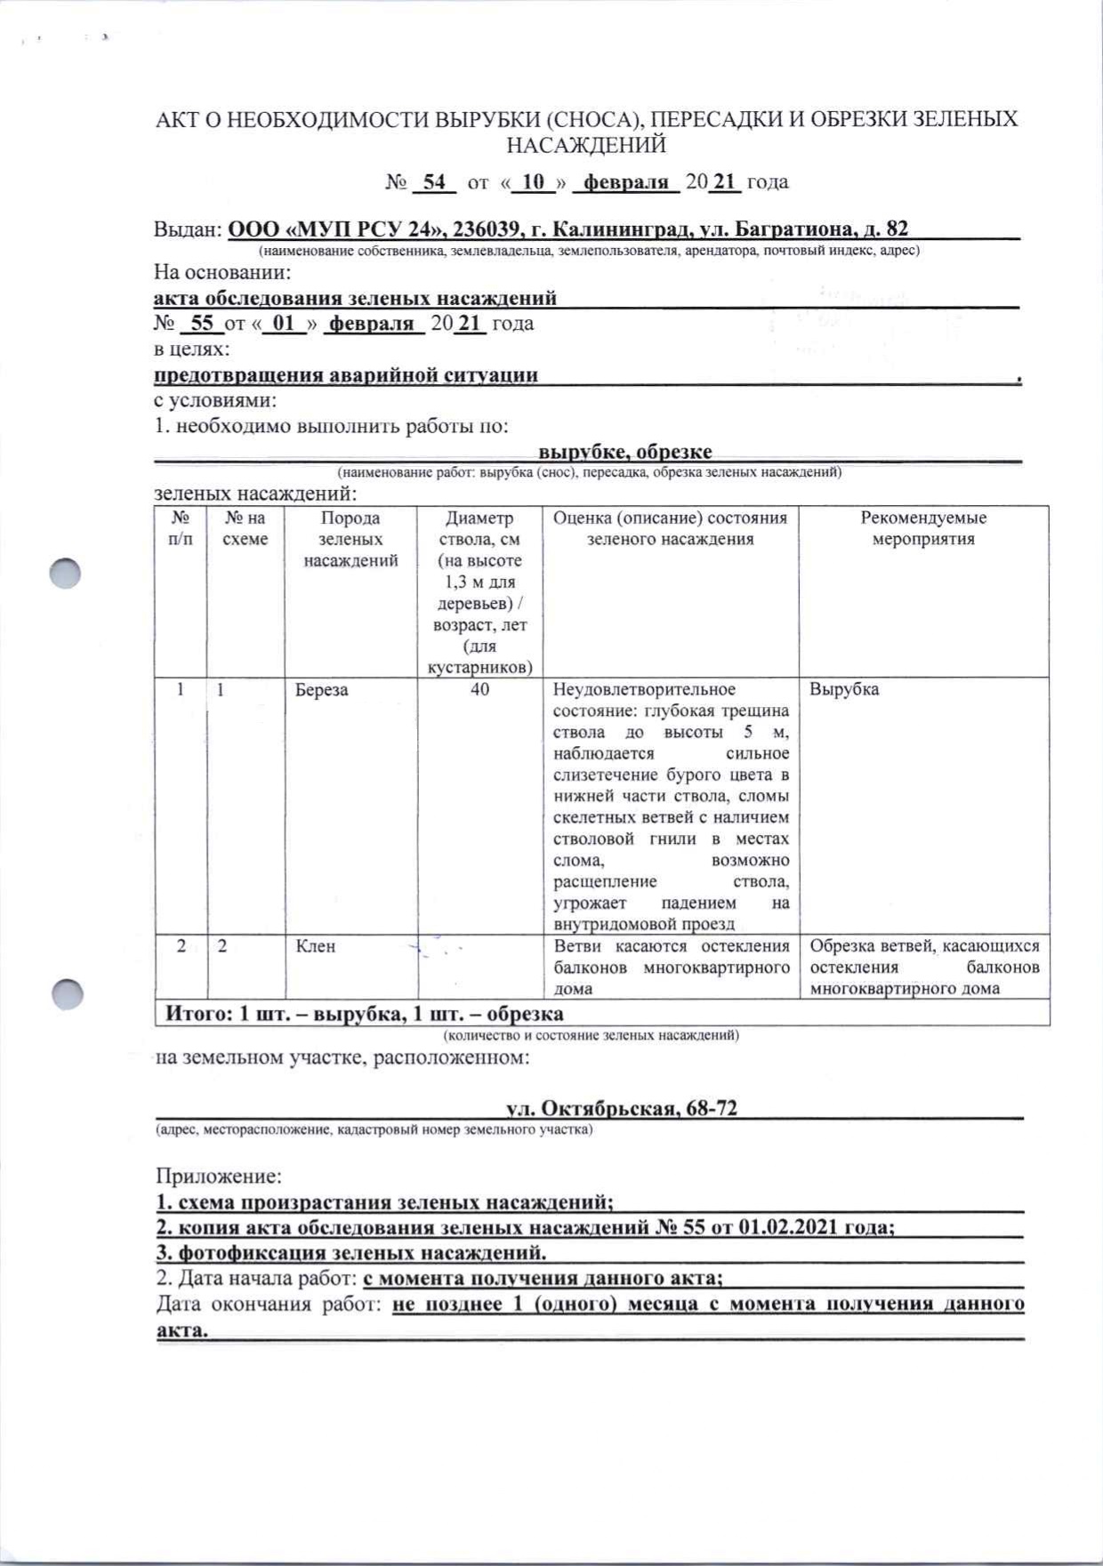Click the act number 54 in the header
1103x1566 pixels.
[434, 182]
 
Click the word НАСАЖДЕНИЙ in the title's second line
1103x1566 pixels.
[586, 144]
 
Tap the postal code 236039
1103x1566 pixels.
[488, 229]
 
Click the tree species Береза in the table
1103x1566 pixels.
[322, 690]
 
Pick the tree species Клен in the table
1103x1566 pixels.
[315, 946]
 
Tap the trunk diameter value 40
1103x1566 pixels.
[480, 690]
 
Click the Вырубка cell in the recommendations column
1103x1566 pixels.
[844, 690]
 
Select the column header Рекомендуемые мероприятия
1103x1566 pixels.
[923, 528]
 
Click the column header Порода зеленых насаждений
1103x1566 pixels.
[350, 539]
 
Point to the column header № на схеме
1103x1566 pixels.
[246, 528]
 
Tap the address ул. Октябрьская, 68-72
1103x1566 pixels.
[622, 1108]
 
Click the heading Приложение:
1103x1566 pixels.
[219, 1177]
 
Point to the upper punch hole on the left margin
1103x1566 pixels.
[65, 574]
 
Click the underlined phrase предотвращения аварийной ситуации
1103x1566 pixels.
[346, 374]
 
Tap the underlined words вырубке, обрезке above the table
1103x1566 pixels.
[625, 452]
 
